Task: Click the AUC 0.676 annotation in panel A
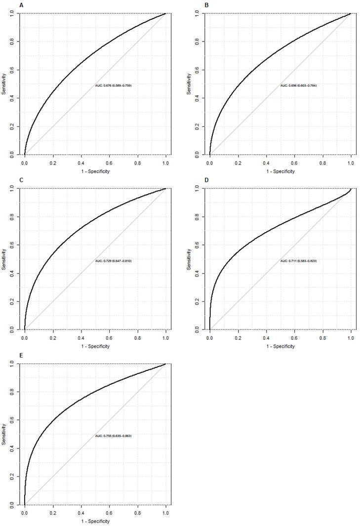(x=113, y=85)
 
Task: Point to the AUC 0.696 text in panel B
(x=298, y=85)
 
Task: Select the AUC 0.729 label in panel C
(x=113, y=260)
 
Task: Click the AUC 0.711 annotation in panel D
(x=298, y=260)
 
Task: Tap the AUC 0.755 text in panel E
(x=113, y=436)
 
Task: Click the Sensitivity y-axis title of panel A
(x=4, y=84)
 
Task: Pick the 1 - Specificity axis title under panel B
(x=280, y=171)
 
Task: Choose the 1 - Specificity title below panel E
(x=95, y=521)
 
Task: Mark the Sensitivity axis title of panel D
(x=189, y=259)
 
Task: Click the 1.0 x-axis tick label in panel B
(x=351, y=162)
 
